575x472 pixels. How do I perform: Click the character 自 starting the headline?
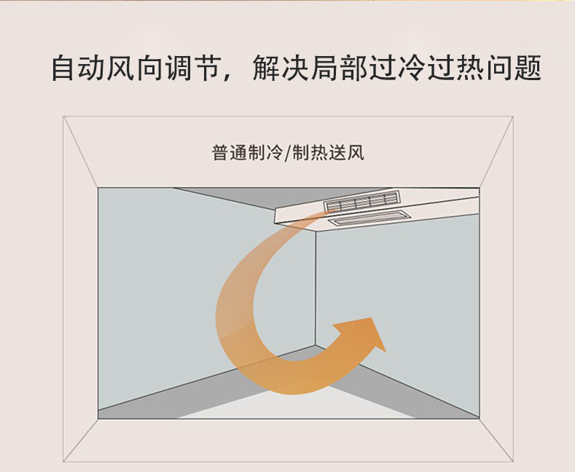pyautogui.click(x=63, y=69)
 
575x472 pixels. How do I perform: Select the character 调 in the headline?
pyautogui.click(x=176, y=69)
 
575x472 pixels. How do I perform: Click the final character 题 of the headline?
pyautogui.click(x=526, y=69)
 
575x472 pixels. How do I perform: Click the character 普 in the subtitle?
pyautogui.click(x=220, y=154)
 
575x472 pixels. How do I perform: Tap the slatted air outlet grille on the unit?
pyautogui.click(x=360, y=202)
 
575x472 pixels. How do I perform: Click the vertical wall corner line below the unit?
pyautogui.click(x=316, y=291)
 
